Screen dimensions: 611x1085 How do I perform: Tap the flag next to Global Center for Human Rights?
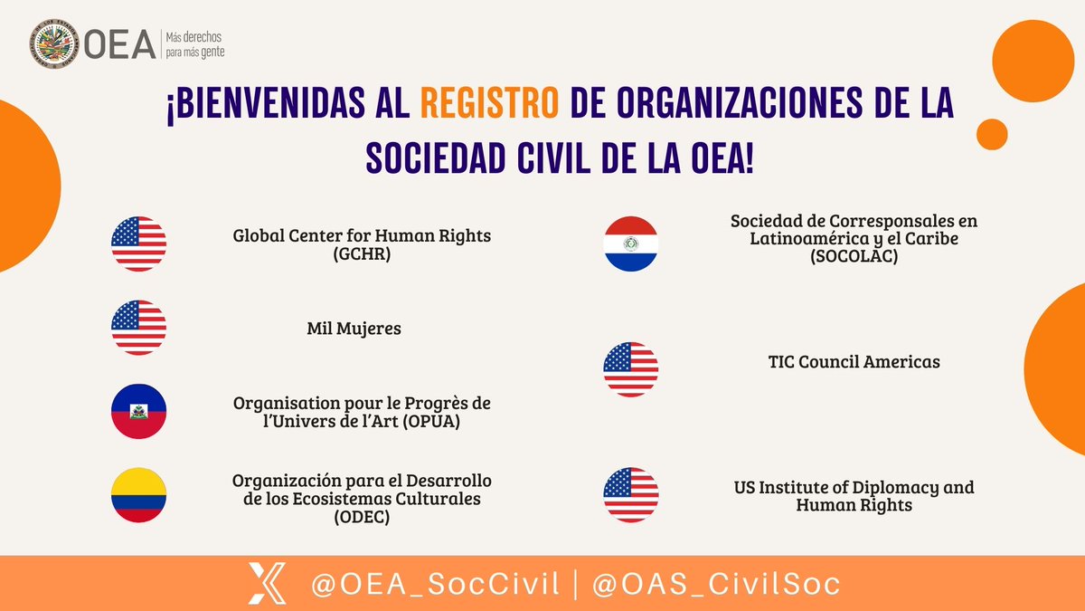[138, 244]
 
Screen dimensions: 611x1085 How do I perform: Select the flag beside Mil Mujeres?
[138, 328]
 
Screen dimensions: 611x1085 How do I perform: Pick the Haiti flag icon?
[138, 411]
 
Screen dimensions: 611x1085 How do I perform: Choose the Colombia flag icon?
[138, 495]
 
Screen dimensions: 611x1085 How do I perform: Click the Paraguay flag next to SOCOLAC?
[631, 243]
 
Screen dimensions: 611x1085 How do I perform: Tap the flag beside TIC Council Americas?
[631, 369]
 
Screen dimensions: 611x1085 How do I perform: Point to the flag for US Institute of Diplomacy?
[631, 495]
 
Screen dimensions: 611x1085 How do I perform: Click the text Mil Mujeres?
[354, 329]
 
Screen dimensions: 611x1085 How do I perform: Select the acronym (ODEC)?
[362, 516]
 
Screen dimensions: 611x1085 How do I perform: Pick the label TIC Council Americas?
[854, 362]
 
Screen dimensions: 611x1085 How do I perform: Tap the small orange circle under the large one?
[992, 134]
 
